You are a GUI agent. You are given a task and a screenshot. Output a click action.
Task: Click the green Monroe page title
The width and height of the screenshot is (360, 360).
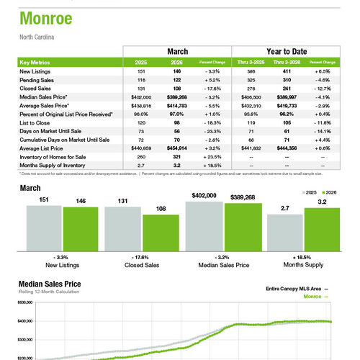point(45,18)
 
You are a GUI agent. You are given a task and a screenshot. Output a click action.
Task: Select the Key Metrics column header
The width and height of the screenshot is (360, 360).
point(37,63)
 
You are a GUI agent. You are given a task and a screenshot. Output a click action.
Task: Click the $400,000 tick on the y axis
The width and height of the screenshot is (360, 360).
point(24,321)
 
